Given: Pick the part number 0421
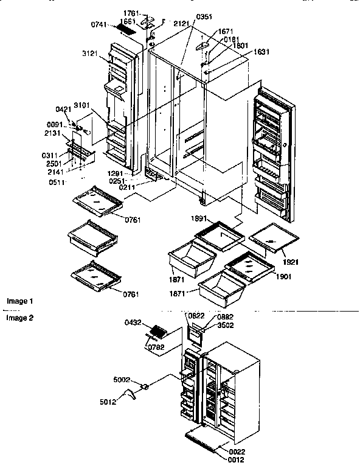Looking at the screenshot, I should (64, 109).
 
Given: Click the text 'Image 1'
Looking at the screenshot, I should (20, 301).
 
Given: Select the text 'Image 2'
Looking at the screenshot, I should (20, 318).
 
